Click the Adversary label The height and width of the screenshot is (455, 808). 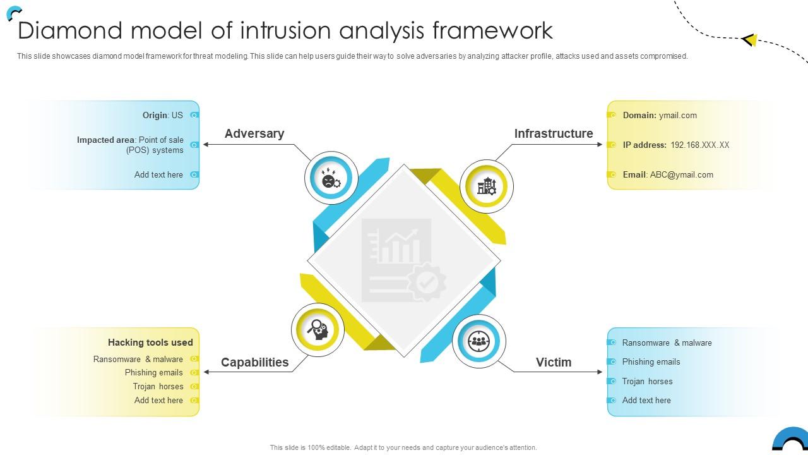coord(254,133)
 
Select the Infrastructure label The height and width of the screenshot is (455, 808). coord(553,133)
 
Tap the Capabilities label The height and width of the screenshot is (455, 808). coord(254,362)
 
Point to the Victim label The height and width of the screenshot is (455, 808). coord(553,362)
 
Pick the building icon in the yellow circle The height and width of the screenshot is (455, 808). coord(486,186)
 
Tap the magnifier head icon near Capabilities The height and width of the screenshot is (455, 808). coord(318,329)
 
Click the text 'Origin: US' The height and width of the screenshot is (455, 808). coord(162,115)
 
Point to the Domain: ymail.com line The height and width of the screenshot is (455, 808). coord(660,115)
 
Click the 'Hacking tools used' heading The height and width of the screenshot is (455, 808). coord(150,343)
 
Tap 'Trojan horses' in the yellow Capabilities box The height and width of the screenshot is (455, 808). coord(158,386)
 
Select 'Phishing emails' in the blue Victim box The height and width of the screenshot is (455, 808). coord(651,361)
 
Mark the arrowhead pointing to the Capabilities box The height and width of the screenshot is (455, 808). coord(206,372)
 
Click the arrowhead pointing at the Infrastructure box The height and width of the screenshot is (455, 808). coord(600,144)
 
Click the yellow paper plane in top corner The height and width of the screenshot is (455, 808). coord(749,40)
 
